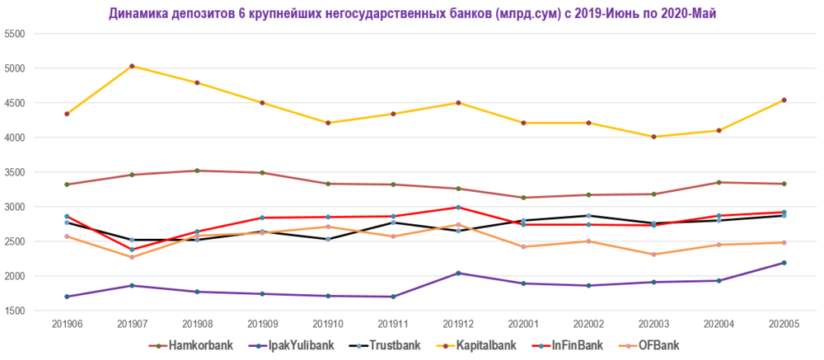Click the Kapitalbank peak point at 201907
(x=132, y=66)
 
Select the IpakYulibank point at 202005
(x=784, y=263)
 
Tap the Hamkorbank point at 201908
(x=197, y=171)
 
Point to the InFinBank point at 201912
(x=458, y=207)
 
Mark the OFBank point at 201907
(x=132, y=257)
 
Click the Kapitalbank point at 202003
(x=653, y=137)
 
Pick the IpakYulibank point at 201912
(x=458, y=273)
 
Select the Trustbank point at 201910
(x=328, y=239)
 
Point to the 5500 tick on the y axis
(x=16, y=34)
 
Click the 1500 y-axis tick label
(x=16, y=311)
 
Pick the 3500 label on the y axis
(x=16, y=172)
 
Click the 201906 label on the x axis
(x=67, y=325)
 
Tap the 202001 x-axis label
(x=523, y=325)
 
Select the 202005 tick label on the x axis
(x=784, y=325)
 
